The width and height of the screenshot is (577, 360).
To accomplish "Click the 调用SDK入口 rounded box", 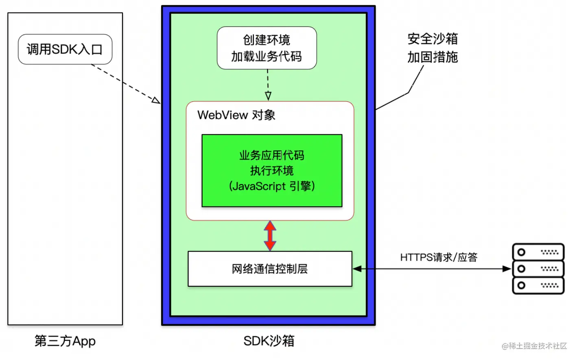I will pos(65,49).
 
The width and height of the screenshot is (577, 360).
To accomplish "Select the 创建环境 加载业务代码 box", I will pos(267,48).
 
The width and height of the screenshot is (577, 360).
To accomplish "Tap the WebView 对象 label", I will pos(236,115).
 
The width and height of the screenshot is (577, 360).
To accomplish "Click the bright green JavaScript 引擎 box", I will pos(272,171).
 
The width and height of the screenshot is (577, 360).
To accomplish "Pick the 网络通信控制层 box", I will pos(270,269).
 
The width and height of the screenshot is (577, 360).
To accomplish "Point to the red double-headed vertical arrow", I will pos(270,235).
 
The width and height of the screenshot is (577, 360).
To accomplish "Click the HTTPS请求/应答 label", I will pos(438,257).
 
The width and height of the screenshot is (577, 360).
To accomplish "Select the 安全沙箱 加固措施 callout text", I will pos(433,48).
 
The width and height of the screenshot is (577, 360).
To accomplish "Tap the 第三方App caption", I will pos(65,341).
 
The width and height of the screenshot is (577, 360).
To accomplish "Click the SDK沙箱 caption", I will pos(269,341).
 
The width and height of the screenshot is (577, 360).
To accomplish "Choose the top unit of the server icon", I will pos(538,252).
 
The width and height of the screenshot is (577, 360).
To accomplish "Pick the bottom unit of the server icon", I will pos(538,285).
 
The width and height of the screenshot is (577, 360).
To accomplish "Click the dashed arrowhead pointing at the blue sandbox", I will pos(156,100).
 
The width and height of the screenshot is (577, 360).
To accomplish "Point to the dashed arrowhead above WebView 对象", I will pos(268,96).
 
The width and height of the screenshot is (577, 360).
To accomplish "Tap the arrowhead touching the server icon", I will pos(507,269).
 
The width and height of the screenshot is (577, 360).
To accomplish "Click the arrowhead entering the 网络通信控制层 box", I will pos(357,269).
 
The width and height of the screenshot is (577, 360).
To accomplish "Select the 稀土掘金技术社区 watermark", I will pos(534,346).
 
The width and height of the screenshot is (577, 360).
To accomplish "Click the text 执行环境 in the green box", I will pos(272,171).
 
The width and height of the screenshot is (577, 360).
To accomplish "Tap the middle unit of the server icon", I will pos(538,269).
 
